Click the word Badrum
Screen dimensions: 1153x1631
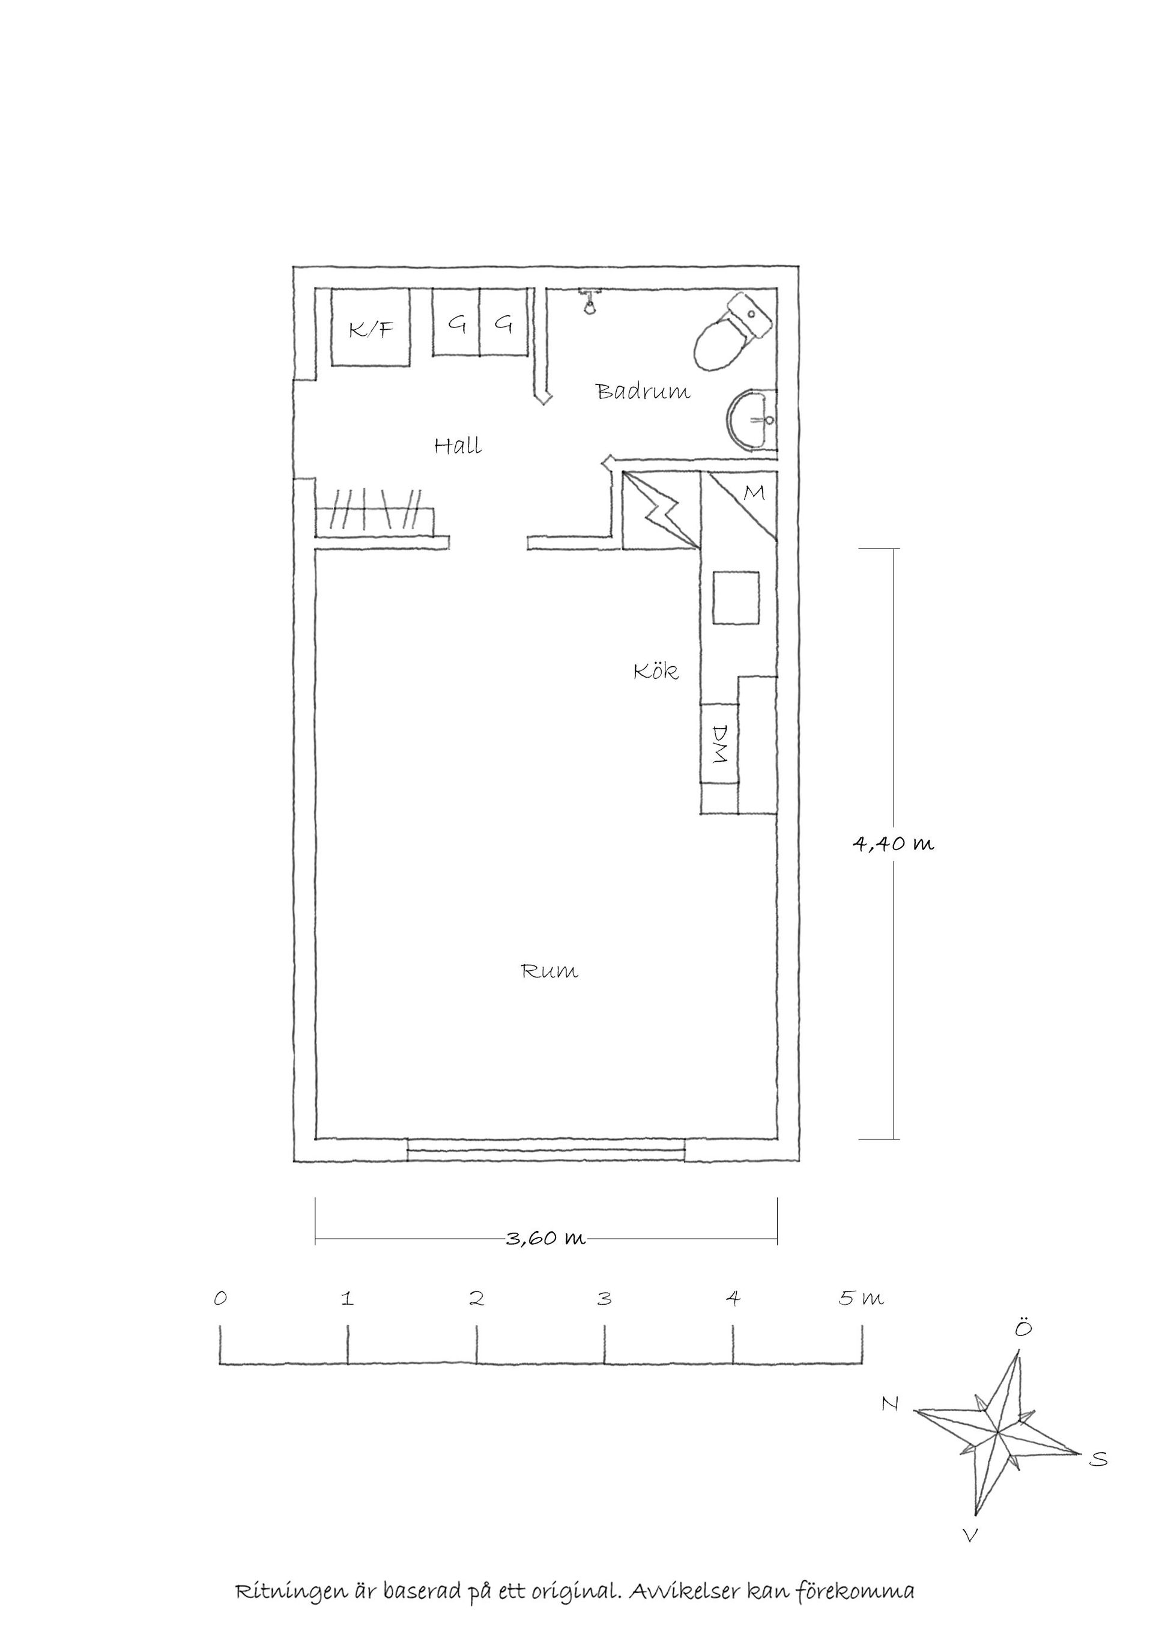click(x=643, y=392)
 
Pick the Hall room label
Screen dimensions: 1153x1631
click(x=458, y=446)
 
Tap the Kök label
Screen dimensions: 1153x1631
click(x=656, y=670)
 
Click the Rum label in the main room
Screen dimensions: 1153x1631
click(x=549, y=970)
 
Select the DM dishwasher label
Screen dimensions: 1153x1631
click(x=720, y=744)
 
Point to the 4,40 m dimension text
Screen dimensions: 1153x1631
click(x=893, y=843)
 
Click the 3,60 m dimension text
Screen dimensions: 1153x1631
click(x=546, y=1239)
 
